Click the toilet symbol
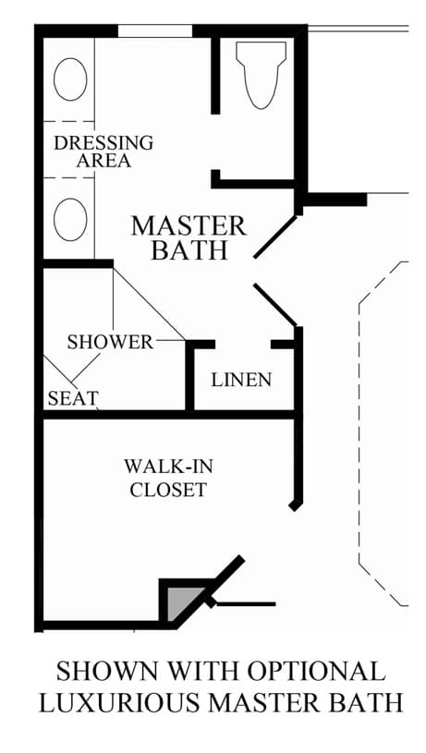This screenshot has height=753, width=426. pyautogui.click(x=261, y=75)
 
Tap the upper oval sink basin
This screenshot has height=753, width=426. pyautogui.click(x=70, y=79)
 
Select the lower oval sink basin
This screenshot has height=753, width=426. pyautogui.click(x=70, y=220)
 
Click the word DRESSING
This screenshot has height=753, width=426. pyautogui.click(x=103, y=142)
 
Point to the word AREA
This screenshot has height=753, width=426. pyautogui.click(x=103, y=161)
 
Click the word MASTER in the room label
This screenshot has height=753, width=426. pyautogui.click(x=189, y=226)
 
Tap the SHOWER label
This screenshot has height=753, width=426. pyautogui.click(x=110, y=342)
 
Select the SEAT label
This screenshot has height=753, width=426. pyautogui.click(x=73, y=398)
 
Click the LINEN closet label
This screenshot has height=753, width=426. pyautogui.click(x=241, y=380)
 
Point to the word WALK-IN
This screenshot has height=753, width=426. pyautogui.click(x=168, y=466)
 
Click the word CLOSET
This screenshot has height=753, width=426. pyautogui.click(x=168, y=490)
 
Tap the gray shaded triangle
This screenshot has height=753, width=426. pyautogui.click(x=181, y=601)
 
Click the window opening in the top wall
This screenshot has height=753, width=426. pyautogui.click(x=155, y=30)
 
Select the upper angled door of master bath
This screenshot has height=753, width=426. pyautogui.click(x=275, y=237)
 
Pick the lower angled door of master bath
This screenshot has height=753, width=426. pyautogui.click(x=275, y=305)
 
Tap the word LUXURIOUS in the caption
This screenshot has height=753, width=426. pyautogui.click(x=119, y=702)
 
